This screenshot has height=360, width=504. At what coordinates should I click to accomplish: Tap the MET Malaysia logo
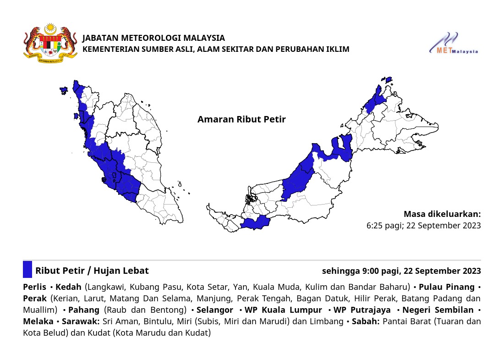(x=454, y=44)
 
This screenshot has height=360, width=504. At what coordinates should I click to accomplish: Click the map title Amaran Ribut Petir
(x=241, y=119)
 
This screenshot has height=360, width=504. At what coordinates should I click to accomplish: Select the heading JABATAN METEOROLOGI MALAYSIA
(x=153, y=38)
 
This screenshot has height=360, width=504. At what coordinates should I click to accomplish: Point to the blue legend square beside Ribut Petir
(x=27, y=270)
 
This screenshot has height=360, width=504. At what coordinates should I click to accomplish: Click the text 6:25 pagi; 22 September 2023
(x=423, y=226)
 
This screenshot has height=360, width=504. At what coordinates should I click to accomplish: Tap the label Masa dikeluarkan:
(x=442, y=214)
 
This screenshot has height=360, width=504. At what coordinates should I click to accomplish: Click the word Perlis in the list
(x=34, y=287)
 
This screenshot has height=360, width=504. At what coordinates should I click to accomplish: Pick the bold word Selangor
(x=215, y=310)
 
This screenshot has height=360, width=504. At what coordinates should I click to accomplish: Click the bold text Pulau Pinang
(x=447, y=287)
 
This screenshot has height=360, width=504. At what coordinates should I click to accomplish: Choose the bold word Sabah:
(x=365, y=321)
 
